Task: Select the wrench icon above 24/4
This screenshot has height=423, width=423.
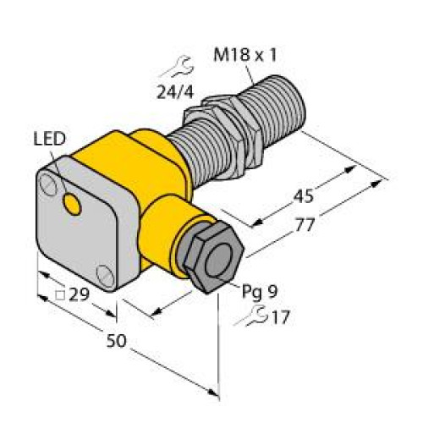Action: [175, 63]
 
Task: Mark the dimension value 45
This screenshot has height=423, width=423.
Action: [302, 198]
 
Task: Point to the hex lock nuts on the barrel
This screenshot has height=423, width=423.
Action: [218, 118]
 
